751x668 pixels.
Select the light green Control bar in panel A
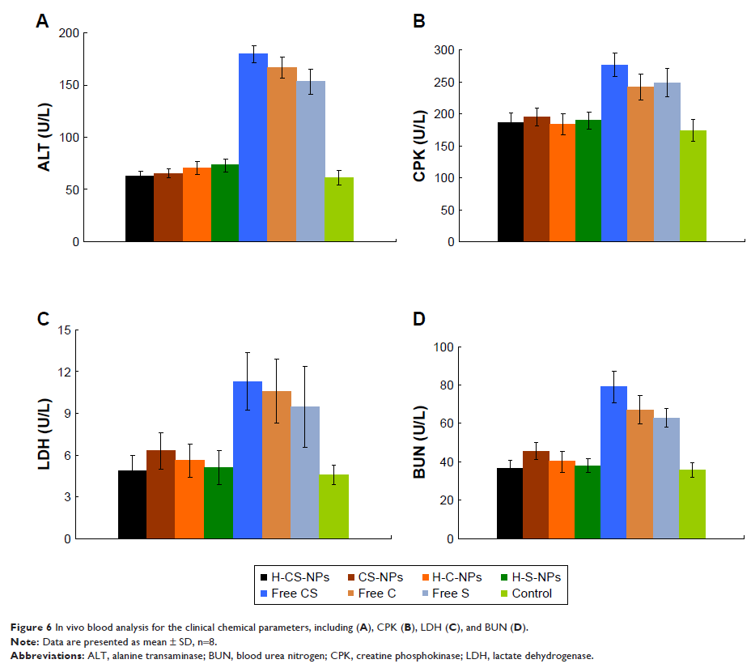(x=339, y=210)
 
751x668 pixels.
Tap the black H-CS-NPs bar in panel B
(x=511, y=182)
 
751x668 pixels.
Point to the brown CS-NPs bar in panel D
(x=536, y=495)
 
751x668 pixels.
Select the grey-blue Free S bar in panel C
(x=305, y=473)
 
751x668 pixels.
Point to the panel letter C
(x=43, y=318)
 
